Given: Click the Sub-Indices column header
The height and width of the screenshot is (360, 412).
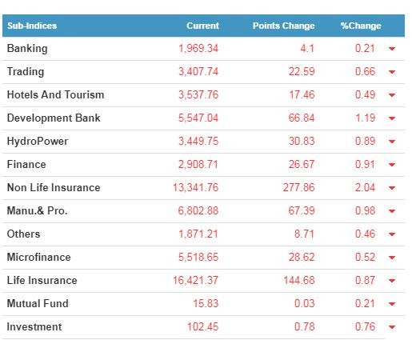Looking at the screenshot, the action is [x=32, y=26].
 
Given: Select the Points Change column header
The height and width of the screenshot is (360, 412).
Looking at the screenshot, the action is [x=284, y=26].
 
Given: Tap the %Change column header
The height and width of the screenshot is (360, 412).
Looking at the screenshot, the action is [x=361, y=26].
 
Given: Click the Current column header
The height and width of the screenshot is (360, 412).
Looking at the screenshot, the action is [x=202, y=26].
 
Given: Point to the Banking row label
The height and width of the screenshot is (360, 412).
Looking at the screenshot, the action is [x=27, y=49].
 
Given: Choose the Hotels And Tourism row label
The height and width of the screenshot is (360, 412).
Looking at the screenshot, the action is [x=55, y=94].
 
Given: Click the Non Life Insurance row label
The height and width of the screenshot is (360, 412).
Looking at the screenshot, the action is [x=54, y=187].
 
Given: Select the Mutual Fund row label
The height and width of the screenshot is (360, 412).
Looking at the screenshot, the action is [x=38, y=303].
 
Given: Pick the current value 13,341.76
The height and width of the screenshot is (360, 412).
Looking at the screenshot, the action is [x=196, y=187].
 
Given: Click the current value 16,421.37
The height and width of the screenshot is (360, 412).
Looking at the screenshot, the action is [x=196, y=280].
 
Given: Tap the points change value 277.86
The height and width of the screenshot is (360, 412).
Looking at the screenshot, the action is [x=299, y=187].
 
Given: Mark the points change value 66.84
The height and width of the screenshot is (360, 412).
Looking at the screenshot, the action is [x=302, y=118].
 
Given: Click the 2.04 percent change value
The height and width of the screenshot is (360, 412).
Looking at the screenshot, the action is [x=365, y=187].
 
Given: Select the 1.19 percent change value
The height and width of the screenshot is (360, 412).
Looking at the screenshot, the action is [x=366, y=118].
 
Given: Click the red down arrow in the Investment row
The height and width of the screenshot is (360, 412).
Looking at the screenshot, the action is [x=392, y=327].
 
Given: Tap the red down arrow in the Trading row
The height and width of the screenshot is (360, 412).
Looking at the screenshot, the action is [x=392, y=72].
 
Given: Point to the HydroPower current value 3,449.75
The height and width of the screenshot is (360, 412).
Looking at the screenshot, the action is [x=198, y=141].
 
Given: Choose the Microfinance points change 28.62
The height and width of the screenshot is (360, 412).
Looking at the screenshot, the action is [x=302, y=257].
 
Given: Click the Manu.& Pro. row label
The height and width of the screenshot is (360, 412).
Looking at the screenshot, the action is [x=38, y=210].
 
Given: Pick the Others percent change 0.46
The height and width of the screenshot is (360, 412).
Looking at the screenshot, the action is [x=365, y=234].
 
